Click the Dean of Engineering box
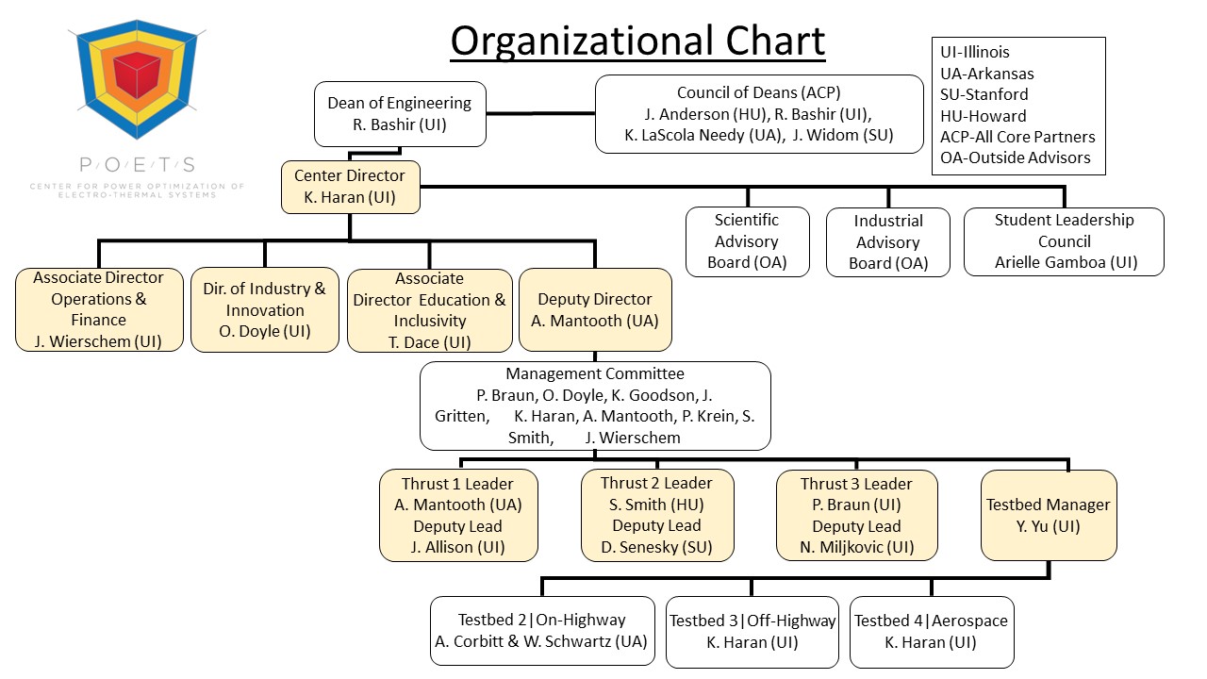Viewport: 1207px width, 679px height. [x=400, y=113]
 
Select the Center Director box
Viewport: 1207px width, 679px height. [x=350, y=187]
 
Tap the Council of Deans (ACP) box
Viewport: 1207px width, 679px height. [x=759, y=113]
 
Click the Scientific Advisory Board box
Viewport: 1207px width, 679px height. [x=747, y=241]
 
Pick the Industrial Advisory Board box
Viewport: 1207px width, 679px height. [x=888, y=242]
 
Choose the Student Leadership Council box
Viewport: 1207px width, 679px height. [x=1064, y=241]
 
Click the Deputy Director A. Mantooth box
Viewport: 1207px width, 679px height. [x=595, y=309]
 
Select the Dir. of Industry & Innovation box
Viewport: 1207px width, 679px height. [x=265, y=309]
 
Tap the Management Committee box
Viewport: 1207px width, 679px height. [x=595, y=406]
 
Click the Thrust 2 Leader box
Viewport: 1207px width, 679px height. [x=656, y=515]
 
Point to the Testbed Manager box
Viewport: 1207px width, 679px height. [x=1049, y=515]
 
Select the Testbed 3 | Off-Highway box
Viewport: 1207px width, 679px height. [x=752, y=632]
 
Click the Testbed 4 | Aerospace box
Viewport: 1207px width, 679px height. [x=931, y=632]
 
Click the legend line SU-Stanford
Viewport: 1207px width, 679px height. [x=984, y=94]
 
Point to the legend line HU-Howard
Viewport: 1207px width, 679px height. [x=983, y=116]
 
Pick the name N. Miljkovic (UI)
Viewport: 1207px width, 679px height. [x=856, y=547]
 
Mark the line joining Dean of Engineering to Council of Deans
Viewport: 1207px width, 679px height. [x=540, y=113]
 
